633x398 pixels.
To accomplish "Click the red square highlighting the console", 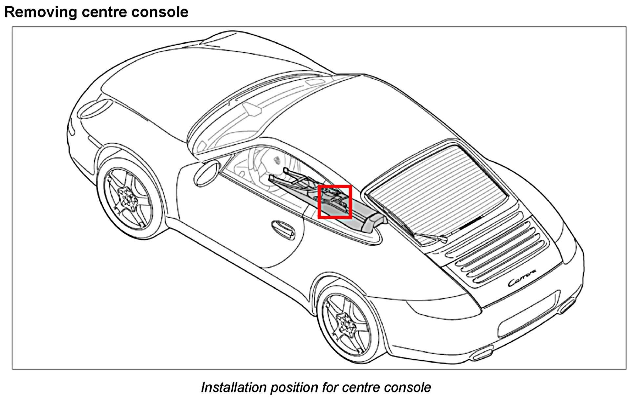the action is [x=335, y=202].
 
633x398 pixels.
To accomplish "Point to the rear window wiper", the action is [x=430, y=236].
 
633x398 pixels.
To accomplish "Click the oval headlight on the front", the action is [x=95, y=108].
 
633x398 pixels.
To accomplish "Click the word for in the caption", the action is [x=330, y=387].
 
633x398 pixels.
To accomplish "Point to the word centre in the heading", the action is [x=104, y=12].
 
